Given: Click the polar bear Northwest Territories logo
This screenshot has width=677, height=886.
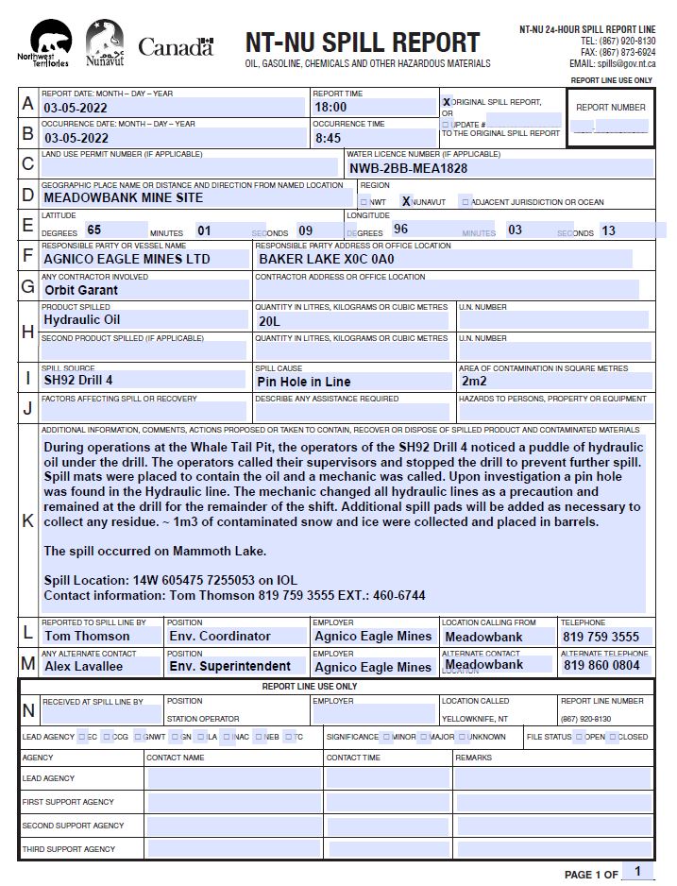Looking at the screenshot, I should coord(49,44).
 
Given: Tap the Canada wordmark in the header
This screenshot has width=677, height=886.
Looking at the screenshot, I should coord(177,46).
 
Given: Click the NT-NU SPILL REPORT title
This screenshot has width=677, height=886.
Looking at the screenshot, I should coord(363,43).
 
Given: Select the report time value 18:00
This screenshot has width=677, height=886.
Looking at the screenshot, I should coord(330,108).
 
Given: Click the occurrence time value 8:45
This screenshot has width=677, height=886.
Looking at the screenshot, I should coord(328,138).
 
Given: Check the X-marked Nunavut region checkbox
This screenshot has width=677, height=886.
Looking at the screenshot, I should coord(406,201).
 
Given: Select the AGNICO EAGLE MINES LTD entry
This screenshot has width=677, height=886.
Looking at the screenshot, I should coord(127,258).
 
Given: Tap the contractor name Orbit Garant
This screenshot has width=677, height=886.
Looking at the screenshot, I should coord(81,290).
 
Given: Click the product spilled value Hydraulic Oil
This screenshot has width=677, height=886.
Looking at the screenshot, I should coord(81,319).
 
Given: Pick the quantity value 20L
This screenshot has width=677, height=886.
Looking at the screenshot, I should coord(269,321).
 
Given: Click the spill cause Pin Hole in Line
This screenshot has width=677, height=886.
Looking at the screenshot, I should coord(303,382).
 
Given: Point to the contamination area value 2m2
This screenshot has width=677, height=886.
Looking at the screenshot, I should coord(474,382).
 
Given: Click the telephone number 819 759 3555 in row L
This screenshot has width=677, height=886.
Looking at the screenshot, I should coord(601,637).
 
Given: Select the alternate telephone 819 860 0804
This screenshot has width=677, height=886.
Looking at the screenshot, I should coord(601,666).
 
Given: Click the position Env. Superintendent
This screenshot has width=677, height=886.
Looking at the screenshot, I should coord(229,666).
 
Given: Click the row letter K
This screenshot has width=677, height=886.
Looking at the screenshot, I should coord(27,520).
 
